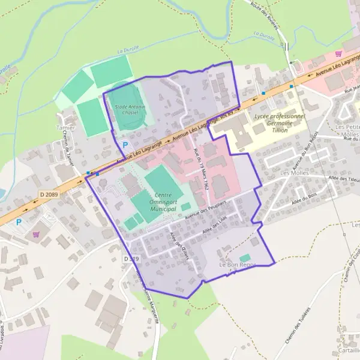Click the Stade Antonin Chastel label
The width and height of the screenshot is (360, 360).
130,109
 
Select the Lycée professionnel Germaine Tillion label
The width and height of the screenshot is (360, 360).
279,122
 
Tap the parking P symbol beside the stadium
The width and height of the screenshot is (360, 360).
125,145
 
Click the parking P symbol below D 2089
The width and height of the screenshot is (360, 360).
18,222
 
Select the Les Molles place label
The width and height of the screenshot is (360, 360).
293,174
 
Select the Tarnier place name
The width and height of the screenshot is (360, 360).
65,128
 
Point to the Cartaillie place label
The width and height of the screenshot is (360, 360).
348,351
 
